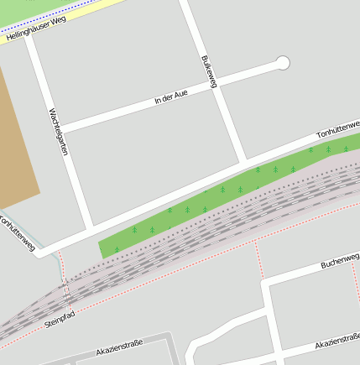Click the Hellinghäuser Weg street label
point(34,32)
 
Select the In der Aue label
point(170,98)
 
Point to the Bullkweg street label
point(210,71)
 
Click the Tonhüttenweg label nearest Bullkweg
point(337,130)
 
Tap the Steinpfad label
point(60,319)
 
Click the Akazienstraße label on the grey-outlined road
point(120,347)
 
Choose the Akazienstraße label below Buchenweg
point(337,345)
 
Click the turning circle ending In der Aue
point(283,63)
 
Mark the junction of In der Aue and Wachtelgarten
point(60,129)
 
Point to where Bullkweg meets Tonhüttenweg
point(244,159)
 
